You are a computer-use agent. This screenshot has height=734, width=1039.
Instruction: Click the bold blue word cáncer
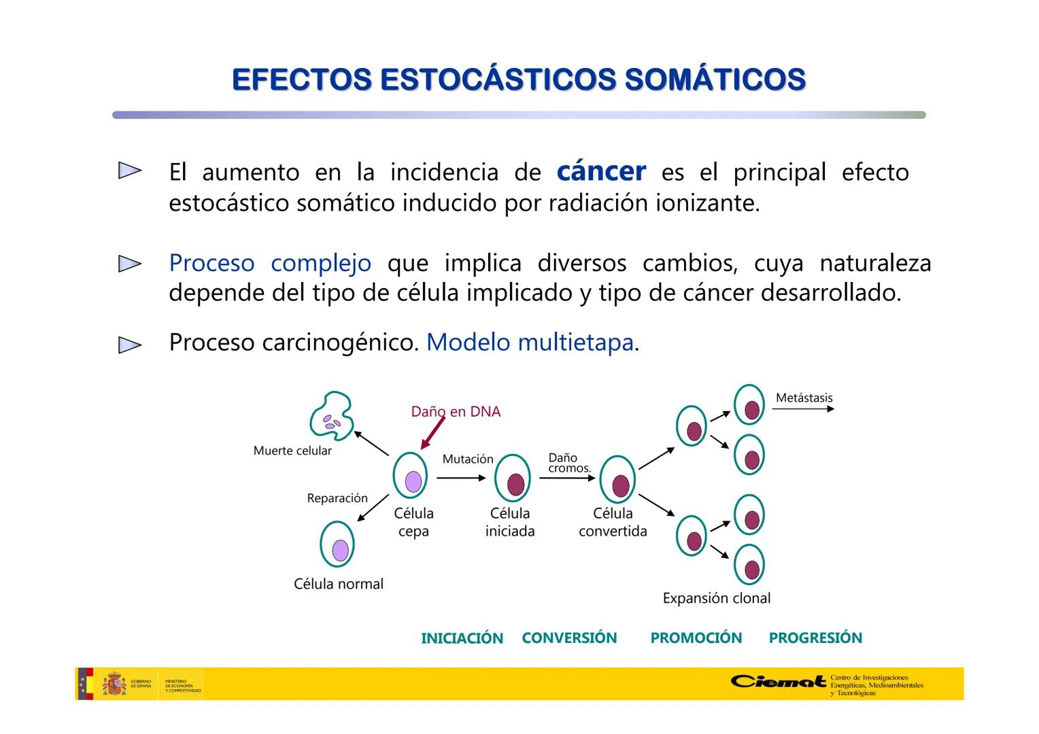pos(600,171)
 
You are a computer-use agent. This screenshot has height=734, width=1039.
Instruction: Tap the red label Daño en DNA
pos(456,412)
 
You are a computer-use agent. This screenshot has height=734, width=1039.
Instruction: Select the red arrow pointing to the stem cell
pos(432,433)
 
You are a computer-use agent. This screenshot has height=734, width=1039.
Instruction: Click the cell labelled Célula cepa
pos(411,477)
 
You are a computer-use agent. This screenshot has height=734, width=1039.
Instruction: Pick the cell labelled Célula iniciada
pos(513,480)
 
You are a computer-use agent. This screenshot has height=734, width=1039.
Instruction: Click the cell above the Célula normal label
pos(337,545)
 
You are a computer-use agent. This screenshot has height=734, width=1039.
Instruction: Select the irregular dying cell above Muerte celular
pos(331,415)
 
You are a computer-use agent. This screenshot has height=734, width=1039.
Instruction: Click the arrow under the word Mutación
pos(461,478)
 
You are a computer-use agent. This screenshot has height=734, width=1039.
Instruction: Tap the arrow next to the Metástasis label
pos(803,409)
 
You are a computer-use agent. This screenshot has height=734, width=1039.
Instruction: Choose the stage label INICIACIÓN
pos(462,638)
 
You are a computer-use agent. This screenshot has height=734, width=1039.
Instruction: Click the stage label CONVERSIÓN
pos(569,637)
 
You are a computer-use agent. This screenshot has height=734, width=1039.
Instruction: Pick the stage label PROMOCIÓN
pos(696,637)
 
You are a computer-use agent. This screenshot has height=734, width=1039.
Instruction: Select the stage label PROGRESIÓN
pos(815,637)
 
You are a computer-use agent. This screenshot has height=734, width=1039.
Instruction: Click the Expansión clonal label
pos(716,598)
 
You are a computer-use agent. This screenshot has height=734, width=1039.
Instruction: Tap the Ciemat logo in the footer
pos(779,681)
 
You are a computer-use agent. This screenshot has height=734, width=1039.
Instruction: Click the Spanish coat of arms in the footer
pos(114,684)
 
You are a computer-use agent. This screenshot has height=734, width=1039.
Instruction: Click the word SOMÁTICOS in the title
pos(715,80)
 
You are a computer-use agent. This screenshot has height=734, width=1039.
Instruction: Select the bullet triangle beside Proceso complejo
pos(129,264)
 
